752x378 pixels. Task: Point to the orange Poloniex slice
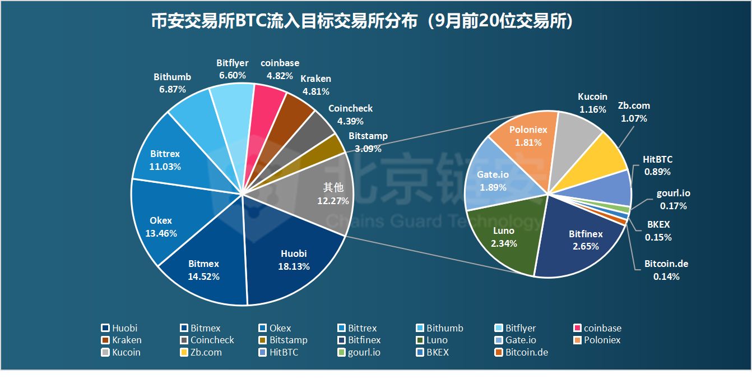[x=527, y=135]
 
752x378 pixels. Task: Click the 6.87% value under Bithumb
[x=173, y=89]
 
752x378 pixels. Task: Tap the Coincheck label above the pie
[x=350, y=108]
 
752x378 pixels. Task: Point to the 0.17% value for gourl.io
[x=674, y=206]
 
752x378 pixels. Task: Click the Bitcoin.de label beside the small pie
[x=666, y=264]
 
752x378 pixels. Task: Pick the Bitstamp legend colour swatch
[x=262, y=340]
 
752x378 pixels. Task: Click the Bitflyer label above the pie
[x=232, y=63]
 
